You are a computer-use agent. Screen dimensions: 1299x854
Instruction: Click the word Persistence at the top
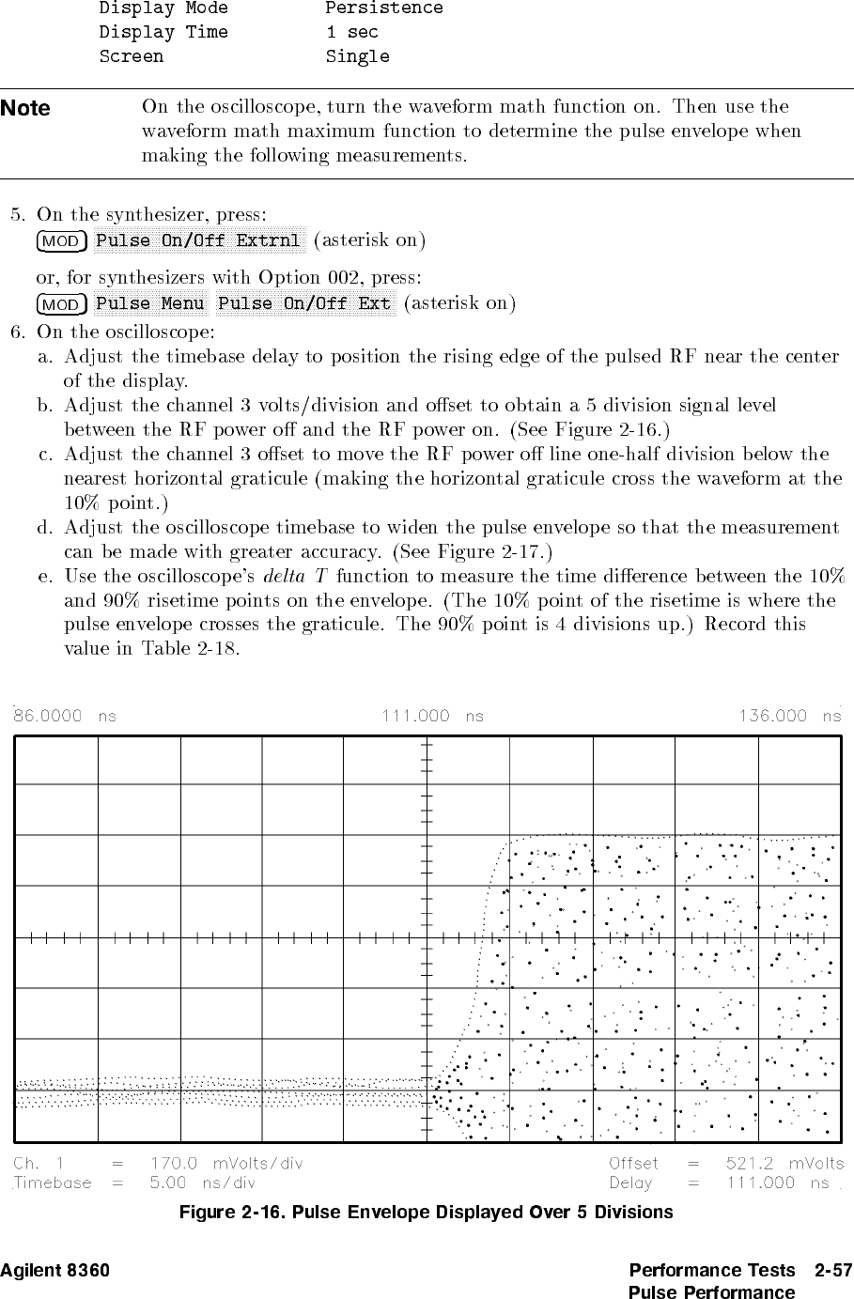[x=384, y=8]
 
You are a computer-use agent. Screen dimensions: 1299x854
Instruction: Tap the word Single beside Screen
[x=357, y=56]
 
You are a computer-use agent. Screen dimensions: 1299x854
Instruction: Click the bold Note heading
[x=25, y=108]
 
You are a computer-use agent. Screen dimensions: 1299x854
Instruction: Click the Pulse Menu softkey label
[x=150, y=303]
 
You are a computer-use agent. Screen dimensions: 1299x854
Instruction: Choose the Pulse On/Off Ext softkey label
[x=303, y=303]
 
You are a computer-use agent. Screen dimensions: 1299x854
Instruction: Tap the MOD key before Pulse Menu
[x=61, y=304]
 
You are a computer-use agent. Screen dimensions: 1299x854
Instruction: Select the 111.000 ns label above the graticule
[x=432, y=716]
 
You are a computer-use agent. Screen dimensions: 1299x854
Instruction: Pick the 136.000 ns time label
[x=790, y=716]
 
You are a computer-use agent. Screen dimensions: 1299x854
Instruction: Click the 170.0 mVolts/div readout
[x=226, y=1164]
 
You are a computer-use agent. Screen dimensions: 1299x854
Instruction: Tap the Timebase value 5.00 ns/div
[x=203, y=1183]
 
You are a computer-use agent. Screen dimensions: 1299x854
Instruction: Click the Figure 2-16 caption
[x=426, y=1212]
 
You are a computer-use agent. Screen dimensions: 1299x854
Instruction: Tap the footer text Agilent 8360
[x=54, y=1271]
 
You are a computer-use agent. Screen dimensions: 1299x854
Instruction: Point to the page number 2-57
[x=833, y=1271]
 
